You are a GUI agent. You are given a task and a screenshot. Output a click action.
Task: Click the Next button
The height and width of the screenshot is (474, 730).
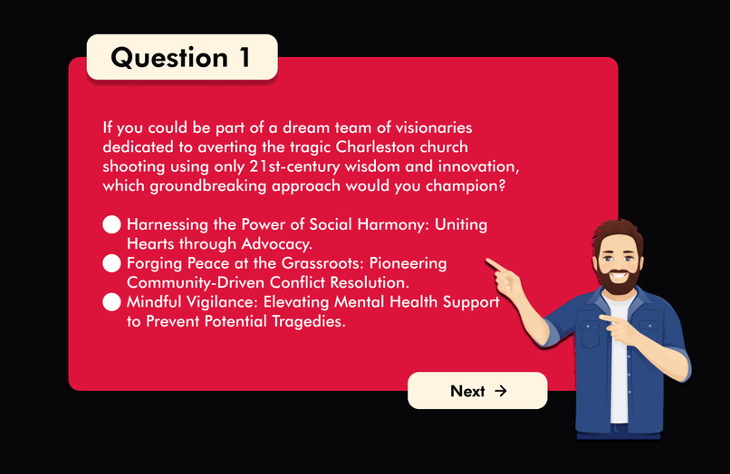point(477,391)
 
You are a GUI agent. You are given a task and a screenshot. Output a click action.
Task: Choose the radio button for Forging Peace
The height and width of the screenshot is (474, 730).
point(111,263)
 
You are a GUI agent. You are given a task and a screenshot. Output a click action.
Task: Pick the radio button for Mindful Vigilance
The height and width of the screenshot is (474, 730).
point(111,302)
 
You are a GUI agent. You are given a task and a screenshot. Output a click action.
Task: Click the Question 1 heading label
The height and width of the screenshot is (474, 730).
point(181,57)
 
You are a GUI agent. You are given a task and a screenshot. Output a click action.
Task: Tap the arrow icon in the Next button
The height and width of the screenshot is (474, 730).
point(501,391)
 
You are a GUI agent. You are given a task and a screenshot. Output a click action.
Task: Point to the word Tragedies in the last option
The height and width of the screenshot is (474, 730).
point(305,321)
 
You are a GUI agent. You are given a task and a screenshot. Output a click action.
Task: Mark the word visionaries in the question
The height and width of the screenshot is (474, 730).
point(425,128)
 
